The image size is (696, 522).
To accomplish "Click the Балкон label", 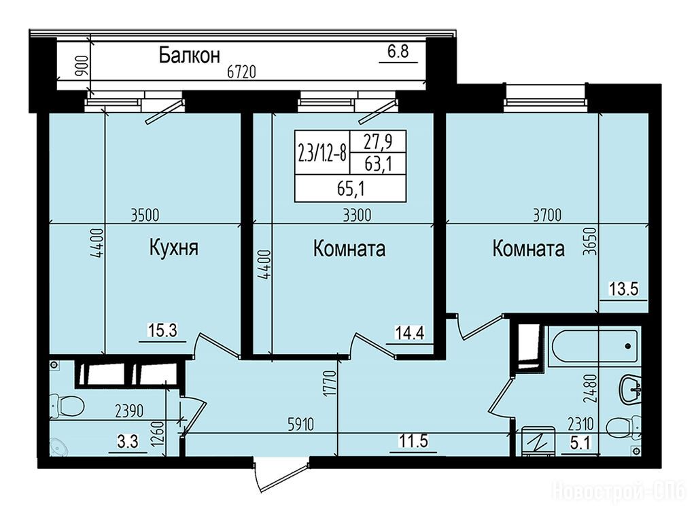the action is click(190, 56).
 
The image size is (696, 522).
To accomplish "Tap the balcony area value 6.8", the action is click(398, 52).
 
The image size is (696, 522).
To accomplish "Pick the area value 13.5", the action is click(623, 289).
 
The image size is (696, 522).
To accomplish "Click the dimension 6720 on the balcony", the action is click(241, 72).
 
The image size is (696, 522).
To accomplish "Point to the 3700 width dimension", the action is click(547, 215).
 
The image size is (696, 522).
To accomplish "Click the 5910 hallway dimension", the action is click(300, 425).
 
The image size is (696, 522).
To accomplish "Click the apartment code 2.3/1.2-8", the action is click(322, 152).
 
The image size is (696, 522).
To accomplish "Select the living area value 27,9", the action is click(378, 141).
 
